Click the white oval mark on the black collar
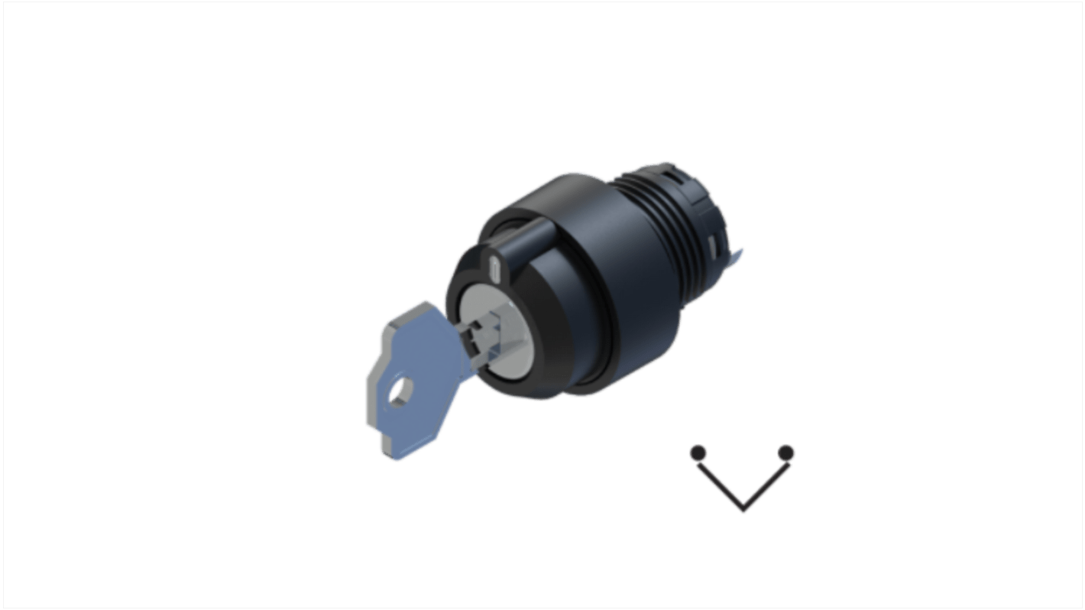click(x=494, y=268)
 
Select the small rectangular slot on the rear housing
click(x=712, y=246)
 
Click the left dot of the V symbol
click(x=698, y=453)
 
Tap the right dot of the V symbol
click(x=785, y=453)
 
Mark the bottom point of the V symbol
click(x=743, y=508)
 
